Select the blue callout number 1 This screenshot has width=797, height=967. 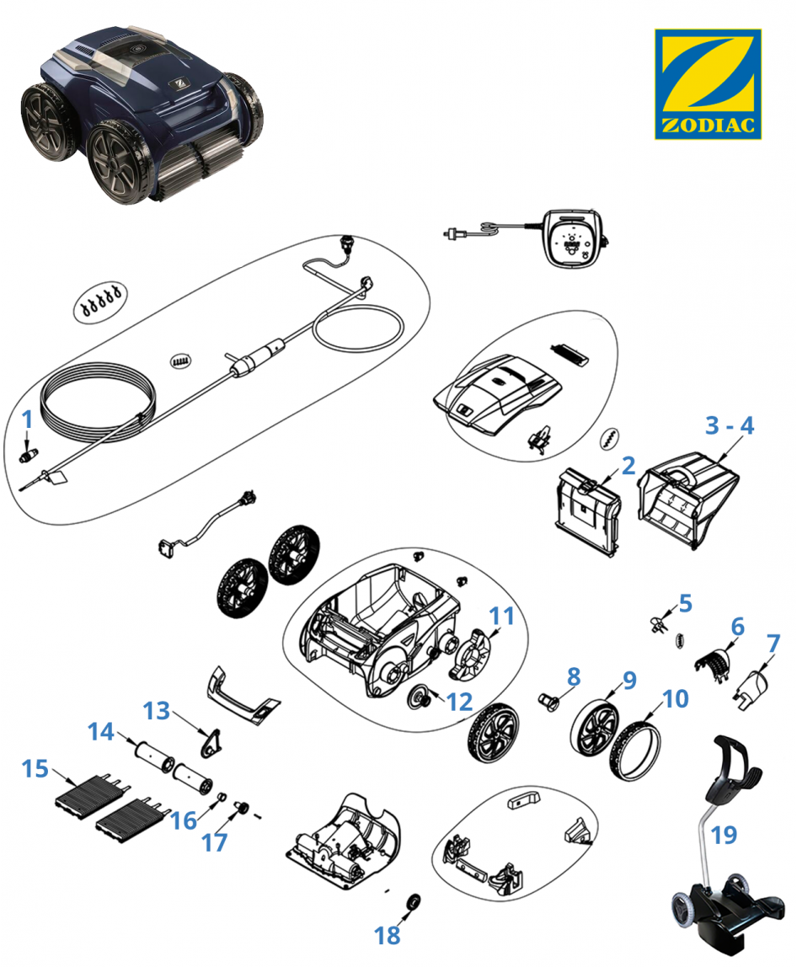click(x=27, y=418)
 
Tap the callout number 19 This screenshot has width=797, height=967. click(x=724, y=835)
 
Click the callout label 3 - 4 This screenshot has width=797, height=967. click(x=730, y=425)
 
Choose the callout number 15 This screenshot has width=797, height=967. click(x=36, y=769)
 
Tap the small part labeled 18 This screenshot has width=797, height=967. click(x=414, y=902)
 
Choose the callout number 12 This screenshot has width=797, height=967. click(x=460, y=701)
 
